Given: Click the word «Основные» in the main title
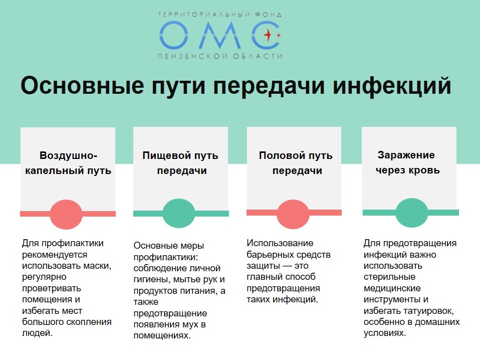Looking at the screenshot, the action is (x=82, y=85).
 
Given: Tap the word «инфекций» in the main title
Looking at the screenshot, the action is (x=392, y=86).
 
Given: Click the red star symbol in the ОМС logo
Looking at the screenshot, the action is (x=268, y=35).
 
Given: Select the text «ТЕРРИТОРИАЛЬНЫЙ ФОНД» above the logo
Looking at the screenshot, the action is (x=220, y=15).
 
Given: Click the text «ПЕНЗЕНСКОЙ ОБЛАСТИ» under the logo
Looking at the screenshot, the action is (x=220, y=56).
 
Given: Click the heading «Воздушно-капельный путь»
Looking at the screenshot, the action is (x=68, y=162).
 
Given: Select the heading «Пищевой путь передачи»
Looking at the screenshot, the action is (x=180, y=162).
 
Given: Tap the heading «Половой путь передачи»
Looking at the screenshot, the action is (x=296, y=162).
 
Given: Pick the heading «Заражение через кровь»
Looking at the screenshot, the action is (x=407, y=162).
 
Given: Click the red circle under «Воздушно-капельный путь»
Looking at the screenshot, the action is (x=66, y=214).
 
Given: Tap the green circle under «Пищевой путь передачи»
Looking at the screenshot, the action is (x=179, y=213).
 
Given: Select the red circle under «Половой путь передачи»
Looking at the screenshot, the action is (x=293, y=214).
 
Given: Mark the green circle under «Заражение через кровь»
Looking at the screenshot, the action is (x=411, y=213).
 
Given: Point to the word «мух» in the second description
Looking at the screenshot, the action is (x=191, y=324).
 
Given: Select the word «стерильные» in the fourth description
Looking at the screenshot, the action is (x=389, y=277).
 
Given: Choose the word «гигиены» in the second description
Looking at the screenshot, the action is (x=152, y=280).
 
